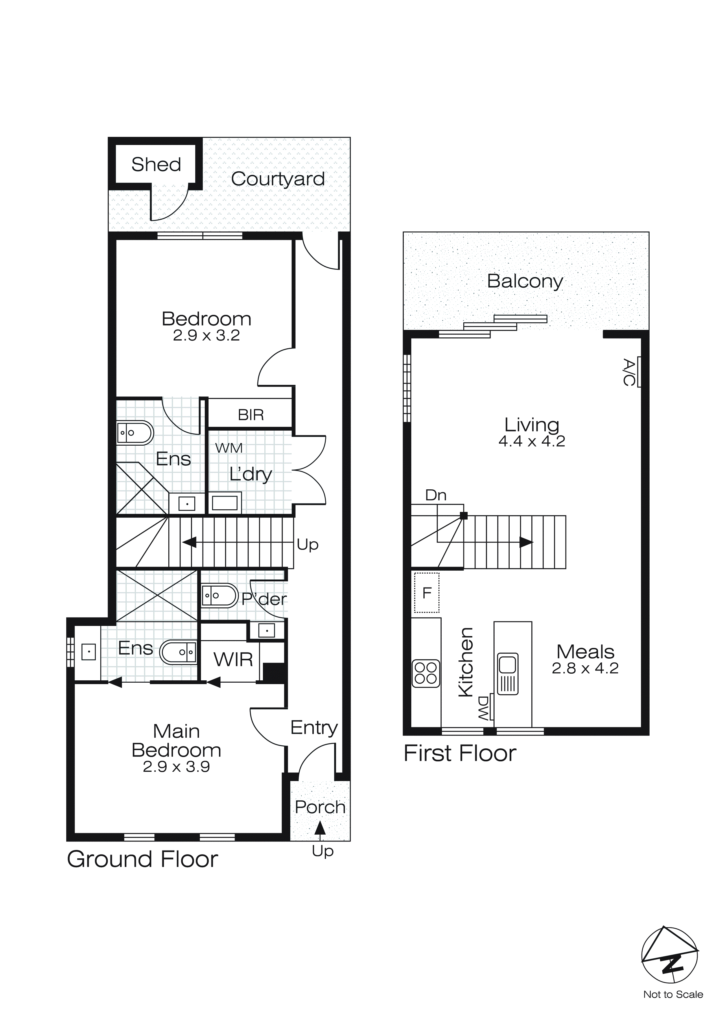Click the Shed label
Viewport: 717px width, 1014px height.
[x=156, y=164]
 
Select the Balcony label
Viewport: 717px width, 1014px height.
[x=525, y=281]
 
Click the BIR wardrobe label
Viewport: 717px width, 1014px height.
[x=251, y=415]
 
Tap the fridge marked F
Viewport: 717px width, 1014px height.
[x=427, y=593]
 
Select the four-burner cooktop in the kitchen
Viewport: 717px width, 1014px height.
[x=426, y=673]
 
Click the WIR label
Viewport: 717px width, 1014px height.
[x=233, y=660]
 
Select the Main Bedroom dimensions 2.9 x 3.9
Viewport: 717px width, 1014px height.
[x=176, y=767]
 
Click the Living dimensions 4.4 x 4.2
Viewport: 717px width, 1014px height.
[x=532, y=441]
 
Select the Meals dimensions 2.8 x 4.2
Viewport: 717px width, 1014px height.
[x=585, y=669]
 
